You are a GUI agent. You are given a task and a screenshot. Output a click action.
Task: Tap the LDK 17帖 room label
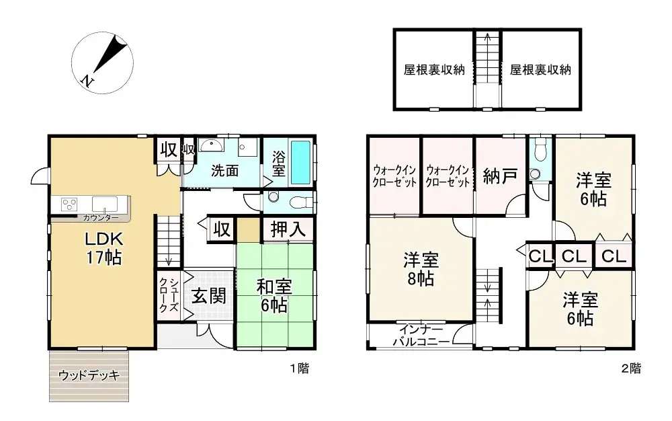[103, 248]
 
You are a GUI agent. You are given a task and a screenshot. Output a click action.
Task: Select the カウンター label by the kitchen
[101, 218]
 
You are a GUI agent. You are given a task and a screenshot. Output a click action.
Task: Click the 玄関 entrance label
[208, 297]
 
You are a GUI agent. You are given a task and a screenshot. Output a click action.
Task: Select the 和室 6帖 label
[274, 295]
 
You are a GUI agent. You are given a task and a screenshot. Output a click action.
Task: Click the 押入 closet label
[288, 229]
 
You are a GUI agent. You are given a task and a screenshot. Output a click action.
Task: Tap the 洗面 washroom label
[224, 171]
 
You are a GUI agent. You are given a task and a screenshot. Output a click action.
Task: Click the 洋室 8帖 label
[421, 268]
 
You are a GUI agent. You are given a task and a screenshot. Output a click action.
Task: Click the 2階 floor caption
[630, 369]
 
